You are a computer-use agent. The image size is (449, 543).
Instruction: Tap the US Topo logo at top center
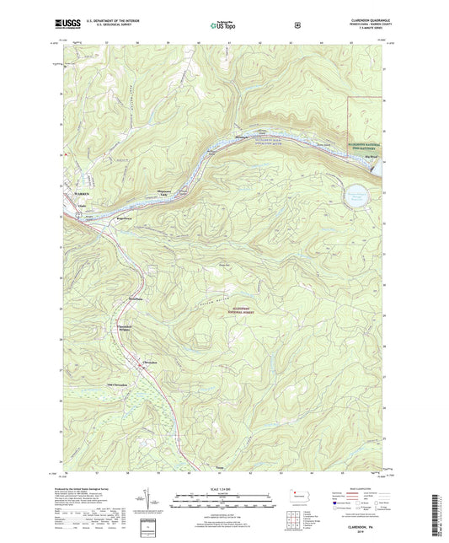(224, 26)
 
